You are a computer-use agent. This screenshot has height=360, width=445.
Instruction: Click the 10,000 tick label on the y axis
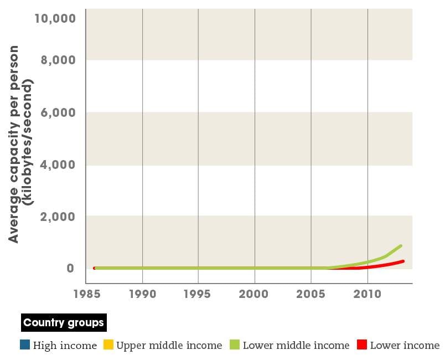tap(55, 18)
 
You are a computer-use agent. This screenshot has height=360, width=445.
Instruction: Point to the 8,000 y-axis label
tap(58, 60)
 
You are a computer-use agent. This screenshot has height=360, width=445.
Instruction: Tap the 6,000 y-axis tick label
tap(58, 112)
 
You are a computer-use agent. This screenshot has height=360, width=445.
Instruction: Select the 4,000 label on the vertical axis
tap(58, 165)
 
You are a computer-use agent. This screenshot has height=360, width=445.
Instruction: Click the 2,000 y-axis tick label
tap(58, 217)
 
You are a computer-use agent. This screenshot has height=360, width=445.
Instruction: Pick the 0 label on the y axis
tap(70, 269)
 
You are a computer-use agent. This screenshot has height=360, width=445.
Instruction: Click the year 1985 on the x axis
tap(86, 294)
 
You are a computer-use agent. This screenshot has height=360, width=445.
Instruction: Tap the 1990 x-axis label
tap(143, 294)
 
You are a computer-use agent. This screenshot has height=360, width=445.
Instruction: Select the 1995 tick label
tap(198, 294)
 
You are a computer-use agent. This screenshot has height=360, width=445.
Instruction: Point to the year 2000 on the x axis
tap(255, 294)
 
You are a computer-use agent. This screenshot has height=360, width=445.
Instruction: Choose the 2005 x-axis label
tap(311, 294)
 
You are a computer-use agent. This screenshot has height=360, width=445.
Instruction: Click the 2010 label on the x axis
tap(368, 294)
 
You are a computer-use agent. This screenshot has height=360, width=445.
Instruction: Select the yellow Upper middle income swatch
tap(108, 346)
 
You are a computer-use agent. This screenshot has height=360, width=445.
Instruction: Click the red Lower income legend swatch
tap(361, 346)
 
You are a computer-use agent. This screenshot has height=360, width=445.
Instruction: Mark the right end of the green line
tap(401, 245)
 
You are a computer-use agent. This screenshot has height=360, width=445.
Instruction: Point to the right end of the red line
tap(403, 261)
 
